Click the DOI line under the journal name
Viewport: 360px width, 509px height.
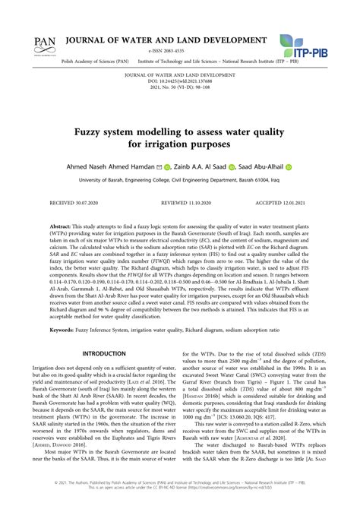click(x=179, y=81)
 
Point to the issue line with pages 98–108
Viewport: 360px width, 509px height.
click(x=179, y=87)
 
